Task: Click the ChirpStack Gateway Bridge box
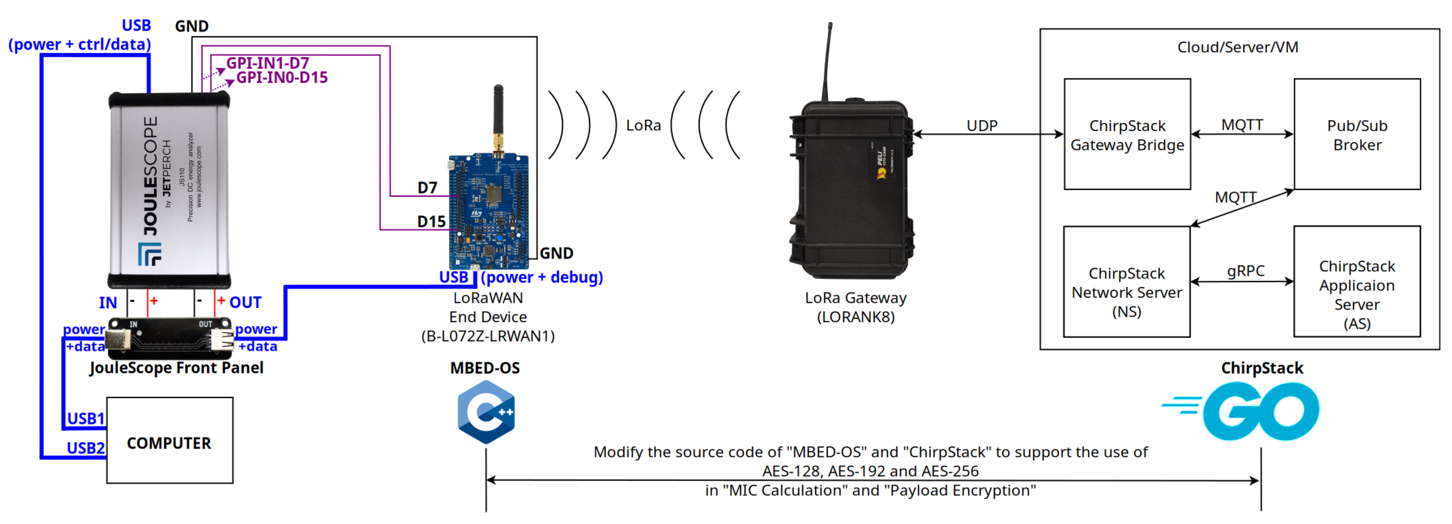click(1127, 134)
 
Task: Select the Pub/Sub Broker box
click(1357, 134)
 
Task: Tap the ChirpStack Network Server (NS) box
click(1126, 282)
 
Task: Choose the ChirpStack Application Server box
click(1356, 282)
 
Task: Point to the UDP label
click(981, 125)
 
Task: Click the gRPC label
click(1245, 271)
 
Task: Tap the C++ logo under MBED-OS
click(486, 412)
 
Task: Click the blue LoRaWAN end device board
click(488, 212)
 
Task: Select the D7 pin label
click(427, 188)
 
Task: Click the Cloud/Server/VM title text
click(1237, 47)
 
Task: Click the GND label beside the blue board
click(556, 253)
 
